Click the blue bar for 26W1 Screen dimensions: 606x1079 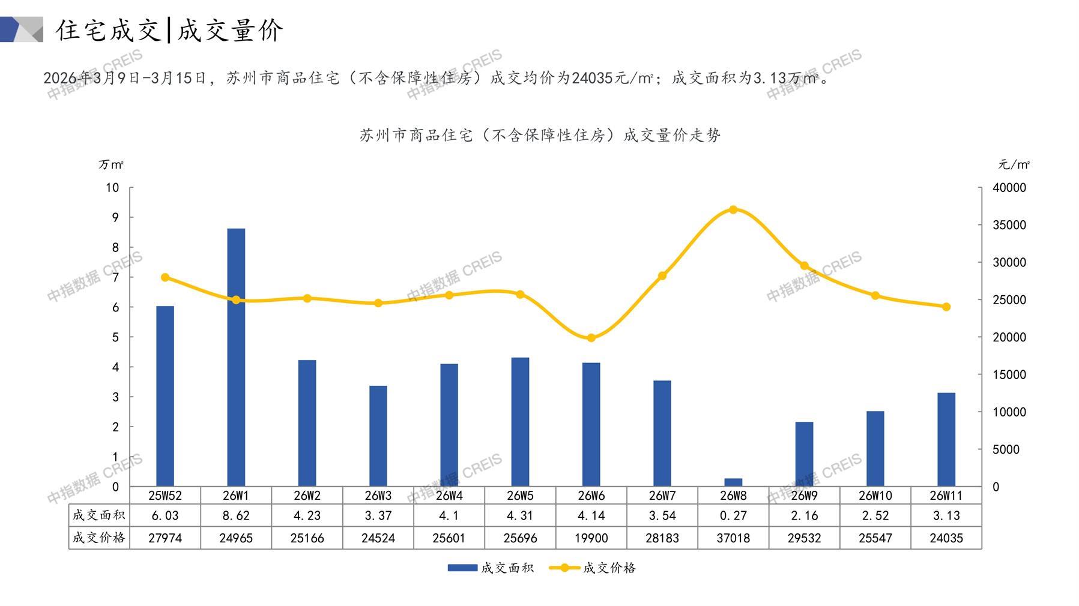pyautogui.click(x=236, y=357)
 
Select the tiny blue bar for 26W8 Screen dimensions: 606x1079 pyautogui.click(x=733, y=482)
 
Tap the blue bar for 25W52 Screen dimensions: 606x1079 pyautogui.click(x=165, y=396)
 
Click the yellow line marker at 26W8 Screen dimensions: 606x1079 pyautogui.click(x=733, y=210)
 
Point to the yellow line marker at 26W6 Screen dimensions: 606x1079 pyautogui.click(x=591, y=338)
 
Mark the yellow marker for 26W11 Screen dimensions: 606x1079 pyautogui.click(x=946, y=307)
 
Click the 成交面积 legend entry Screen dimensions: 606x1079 pyautogui.click(x=491, y=568)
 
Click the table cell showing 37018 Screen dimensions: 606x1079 pyautogui.click(x=733, y=538)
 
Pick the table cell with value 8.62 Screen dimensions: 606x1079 pyautogui.click(x=236, y=515)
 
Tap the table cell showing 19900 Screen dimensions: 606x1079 pyautogui.click(x=591, y=538)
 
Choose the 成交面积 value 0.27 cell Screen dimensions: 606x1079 pyautogui.click(x=733, y=515)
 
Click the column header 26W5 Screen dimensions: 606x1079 pyautogui.click(x=520, y=496)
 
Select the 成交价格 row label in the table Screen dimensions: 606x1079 pyautogui.click(x=98, y=538)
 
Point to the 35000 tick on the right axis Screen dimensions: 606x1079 pyautogui.click(x=1009, y=225)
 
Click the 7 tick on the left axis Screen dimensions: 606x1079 pyautogui.click(x=115, y=277)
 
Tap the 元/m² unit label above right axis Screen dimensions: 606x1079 pyautogui.click(x=1014, y=164)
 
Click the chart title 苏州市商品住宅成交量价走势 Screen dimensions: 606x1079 pyautogui.click(x=540, y=136)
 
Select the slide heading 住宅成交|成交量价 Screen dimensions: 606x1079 pyautogui.click(x=169, y=30)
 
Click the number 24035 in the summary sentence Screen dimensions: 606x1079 pyautogui.click(x=591, y=78)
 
